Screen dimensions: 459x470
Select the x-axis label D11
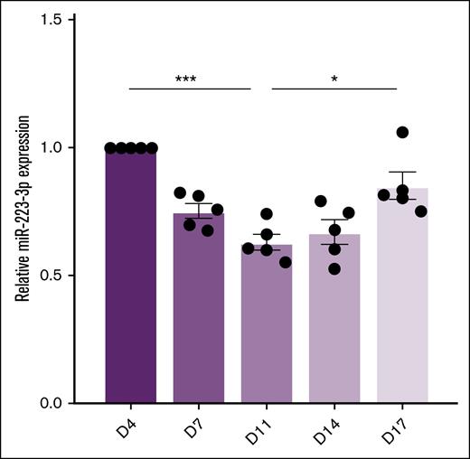tap(263, 430)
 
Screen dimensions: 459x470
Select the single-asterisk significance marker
tap(334, 80)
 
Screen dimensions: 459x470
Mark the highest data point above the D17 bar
tap(402, 133)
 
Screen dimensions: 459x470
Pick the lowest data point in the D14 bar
tap(334, 268)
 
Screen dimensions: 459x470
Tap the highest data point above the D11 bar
tap(266, 214)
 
